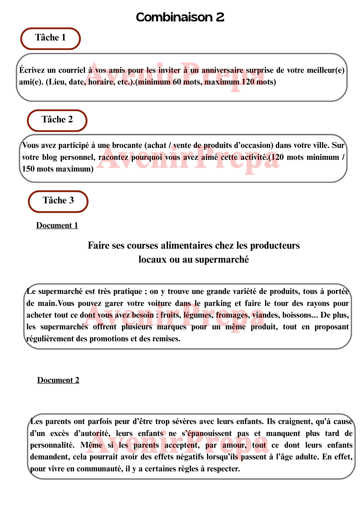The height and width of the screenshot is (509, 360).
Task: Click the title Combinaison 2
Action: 180,17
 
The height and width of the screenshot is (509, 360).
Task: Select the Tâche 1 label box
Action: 50,38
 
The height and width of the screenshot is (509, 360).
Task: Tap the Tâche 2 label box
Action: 57,120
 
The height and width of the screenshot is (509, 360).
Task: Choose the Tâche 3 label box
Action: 58,201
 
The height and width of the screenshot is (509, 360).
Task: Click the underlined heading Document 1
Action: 57,225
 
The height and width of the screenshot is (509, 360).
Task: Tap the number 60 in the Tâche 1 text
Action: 177,82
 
